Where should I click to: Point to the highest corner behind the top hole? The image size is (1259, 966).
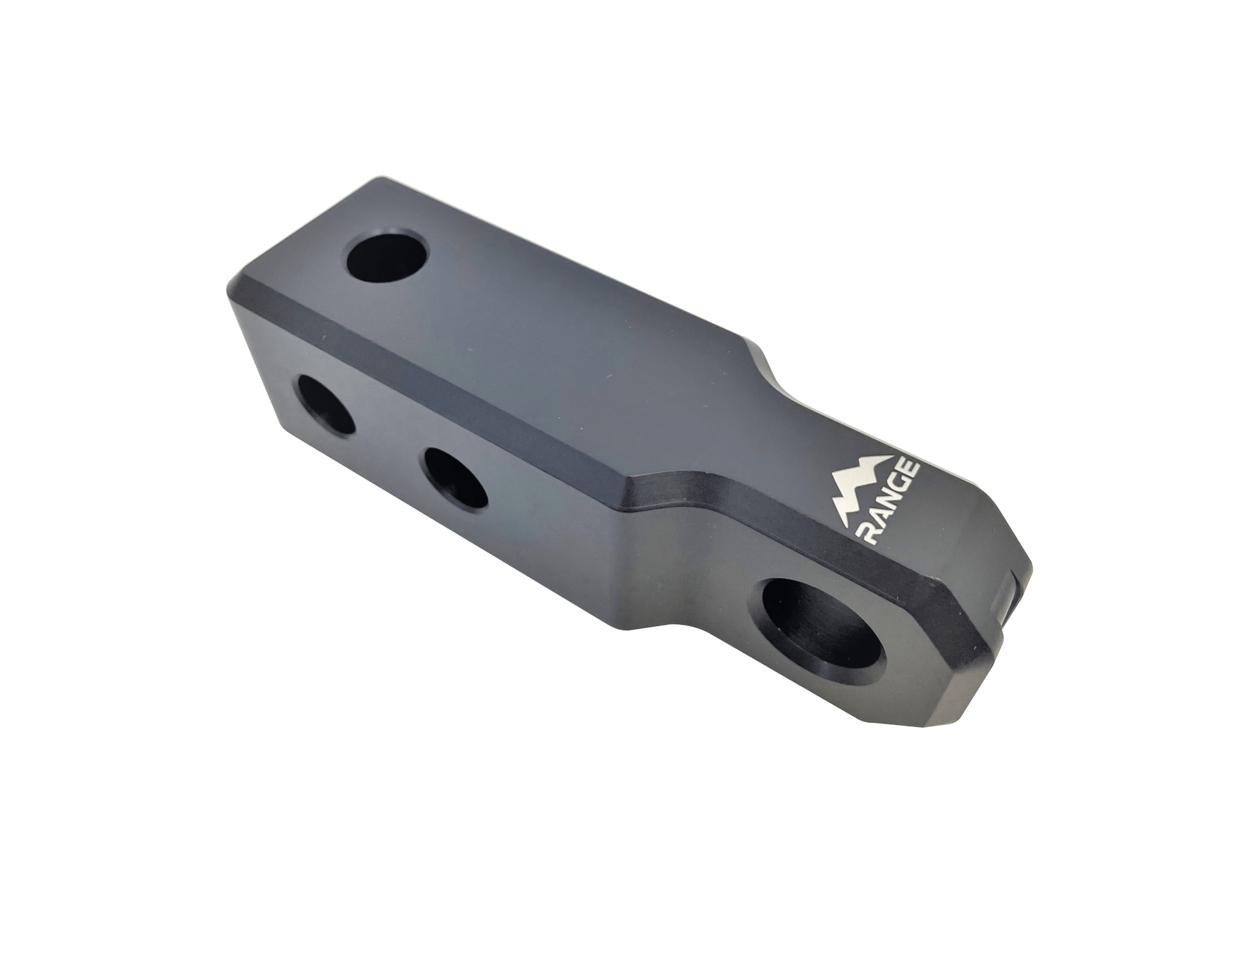pos(382,178)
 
